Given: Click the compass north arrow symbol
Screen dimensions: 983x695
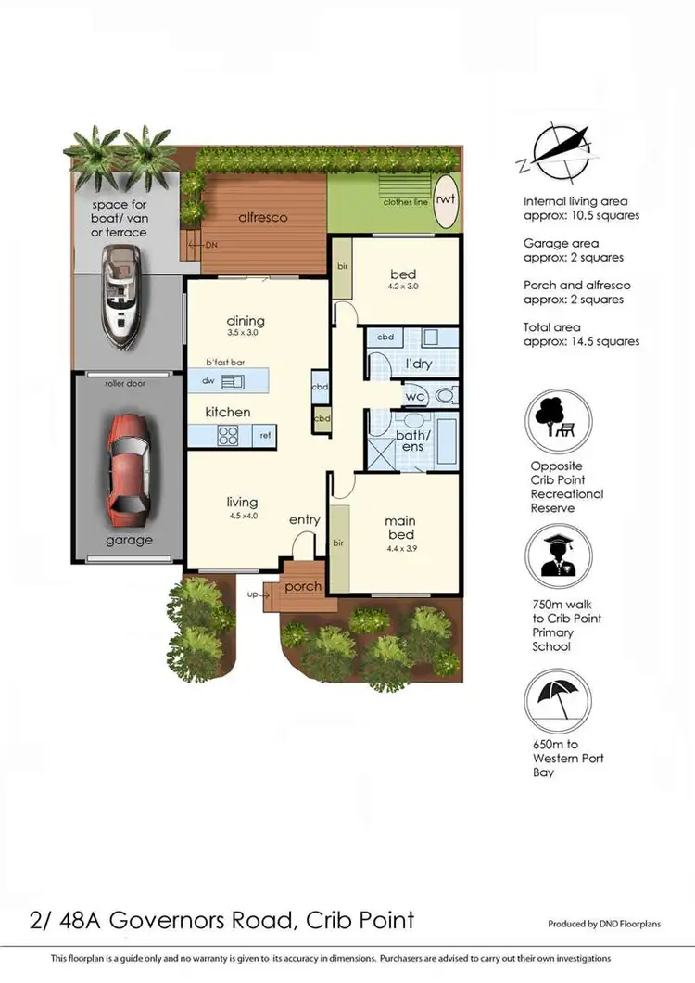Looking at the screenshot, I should pos(554,153).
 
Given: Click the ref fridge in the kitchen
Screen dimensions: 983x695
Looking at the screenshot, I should pos(264,435).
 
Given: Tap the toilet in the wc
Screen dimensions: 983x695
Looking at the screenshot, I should pos(446,397).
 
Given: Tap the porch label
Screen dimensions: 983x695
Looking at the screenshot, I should pos(302,587).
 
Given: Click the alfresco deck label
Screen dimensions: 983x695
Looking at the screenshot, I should pos(263,218).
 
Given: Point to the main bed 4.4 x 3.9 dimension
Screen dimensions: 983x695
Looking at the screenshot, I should pos(400,548).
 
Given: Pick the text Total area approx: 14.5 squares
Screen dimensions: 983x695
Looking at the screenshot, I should pos(581,334).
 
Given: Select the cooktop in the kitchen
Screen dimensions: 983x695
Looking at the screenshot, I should pos(229,434).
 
